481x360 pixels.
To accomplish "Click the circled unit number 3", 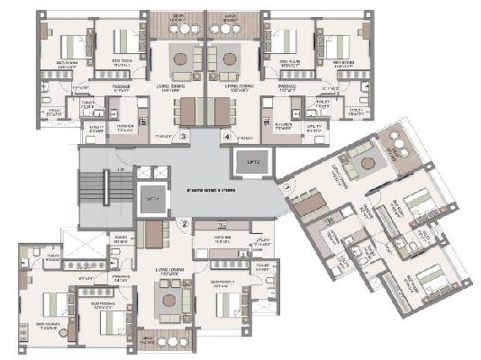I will pyautogui.click(x=184, y=137).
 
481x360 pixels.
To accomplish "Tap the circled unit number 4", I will pyautogui.click(x=227, y=137).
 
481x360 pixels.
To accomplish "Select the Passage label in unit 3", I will pyautogui.click(x=123, y=87).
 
